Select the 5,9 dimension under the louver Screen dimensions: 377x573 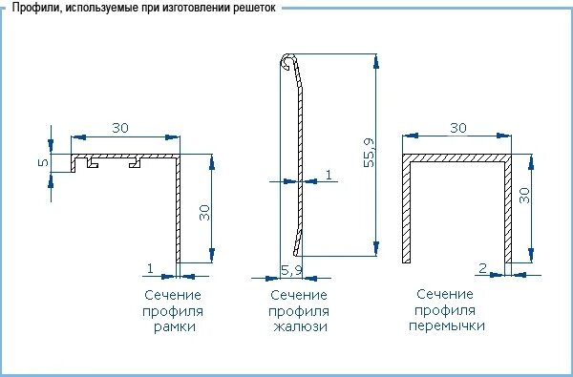coord(290,271)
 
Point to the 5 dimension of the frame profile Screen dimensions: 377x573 coord(42,162)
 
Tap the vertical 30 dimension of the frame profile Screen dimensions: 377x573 coord(203,212)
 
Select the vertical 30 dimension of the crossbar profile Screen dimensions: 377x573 coord(522,196)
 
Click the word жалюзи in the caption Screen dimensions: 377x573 coord(298,326)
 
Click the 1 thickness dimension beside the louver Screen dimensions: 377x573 coord(329,174)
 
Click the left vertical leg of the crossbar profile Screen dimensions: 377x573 coord(406,210)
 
